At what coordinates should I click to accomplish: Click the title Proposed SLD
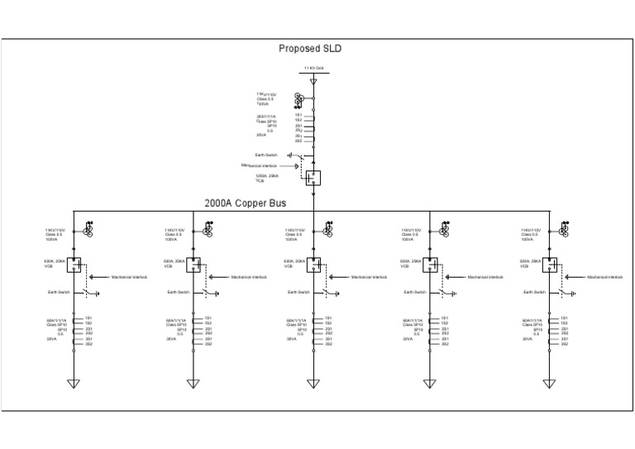[310, 49]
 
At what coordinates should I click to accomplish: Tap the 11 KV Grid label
[313, 69]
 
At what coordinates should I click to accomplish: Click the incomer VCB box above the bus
[313, 176]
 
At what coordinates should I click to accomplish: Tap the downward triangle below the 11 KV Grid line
[313, 81]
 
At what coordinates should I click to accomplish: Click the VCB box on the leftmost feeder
[74, 265]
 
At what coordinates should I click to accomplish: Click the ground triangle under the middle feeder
[313, 383]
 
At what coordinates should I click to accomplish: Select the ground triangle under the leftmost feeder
[74, 383]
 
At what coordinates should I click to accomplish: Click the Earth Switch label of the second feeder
[177, 292]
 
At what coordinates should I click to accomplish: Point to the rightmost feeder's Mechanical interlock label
[604, 278]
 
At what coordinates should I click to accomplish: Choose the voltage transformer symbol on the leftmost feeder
[89, 228]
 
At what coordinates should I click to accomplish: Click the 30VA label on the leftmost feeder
[51, 338]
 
